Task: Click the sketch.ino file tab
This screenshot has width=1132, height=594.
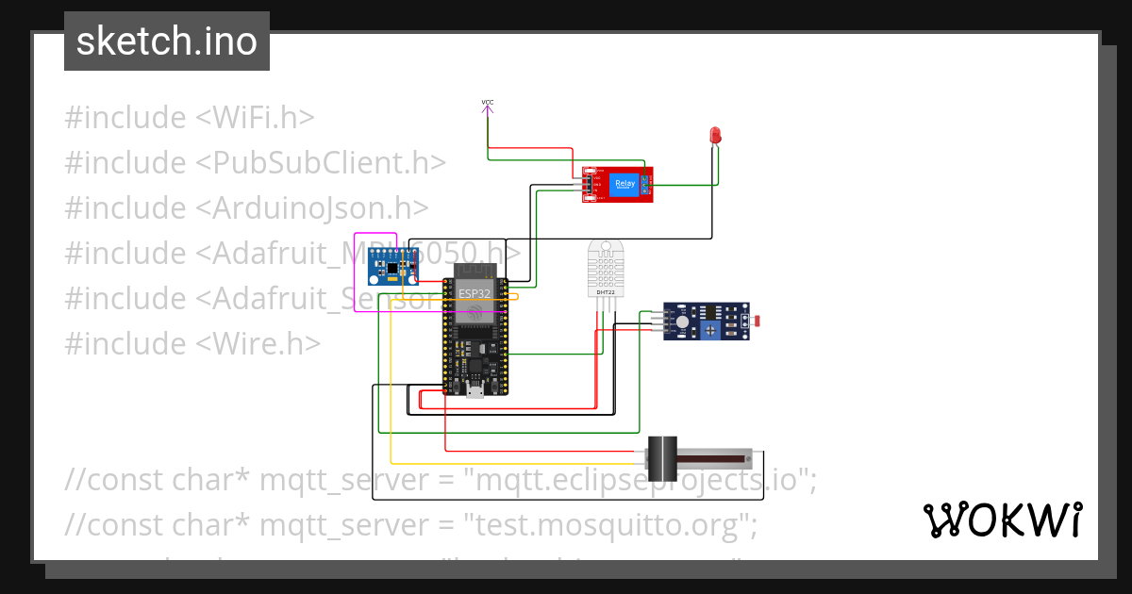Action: pyautogui.click(x=167, y=41)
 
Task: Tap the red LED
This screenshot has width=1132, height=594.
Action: pyautogui.click(x=715, y=136)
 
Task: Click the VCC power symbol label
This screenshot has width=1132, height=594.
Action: pyautogui.click(x=487, y=102)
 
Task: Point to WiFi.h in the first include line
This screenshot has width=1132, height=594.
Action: pyautogui.click(x=255, y=118)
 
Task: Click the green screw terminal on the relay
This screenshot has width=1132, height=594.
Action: pyautogui.click(x=646, y=184)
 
